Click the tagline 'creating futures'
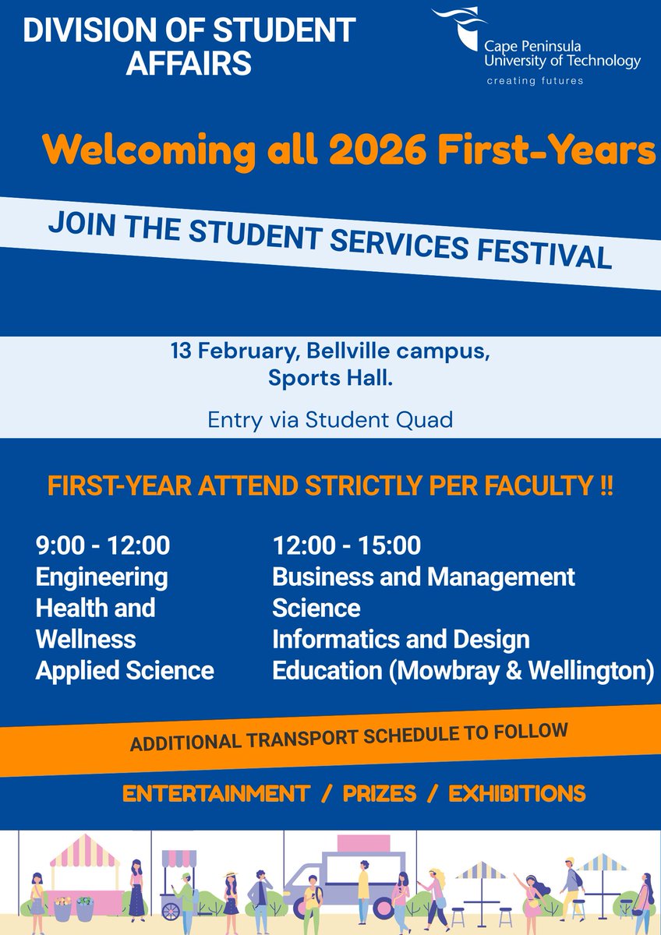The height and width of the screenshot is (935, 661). click(535, 80)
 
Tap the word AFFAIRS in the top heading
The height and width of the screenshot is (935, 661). click(189, 62)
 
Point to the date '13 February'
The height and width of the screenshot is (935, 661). click(234, 351)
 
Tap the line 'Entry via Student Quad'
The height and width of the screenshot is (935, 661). click(330, 420)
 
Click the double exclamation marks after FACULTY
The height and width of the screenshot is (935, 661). click(603, 487)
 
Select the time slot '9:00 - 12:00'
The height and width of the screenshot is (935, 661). click(103, 545)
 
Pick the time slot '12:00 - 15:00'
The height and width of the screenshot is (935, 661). click(346, 545)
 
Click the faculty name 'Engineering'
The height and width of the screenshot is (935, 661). click(102, 577)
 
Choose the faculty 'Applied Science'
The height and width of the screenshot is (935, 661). click(125, 671)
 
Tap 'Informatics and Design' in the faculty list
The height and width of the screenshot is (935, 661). click(401, 640)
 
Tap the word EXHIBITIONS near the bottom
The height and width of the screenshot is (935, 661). click(517, 794)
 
